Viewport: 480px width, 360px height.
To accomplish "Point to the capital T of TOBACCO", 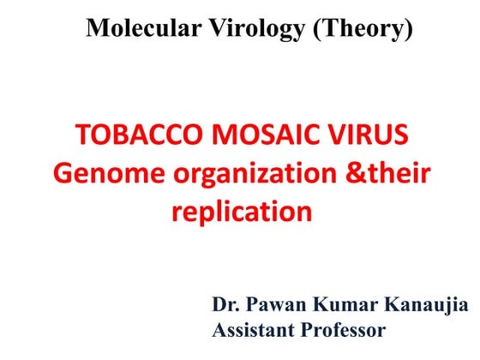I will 82,136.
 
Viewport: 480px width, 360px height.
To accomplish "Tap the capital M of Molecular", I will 97,29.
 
